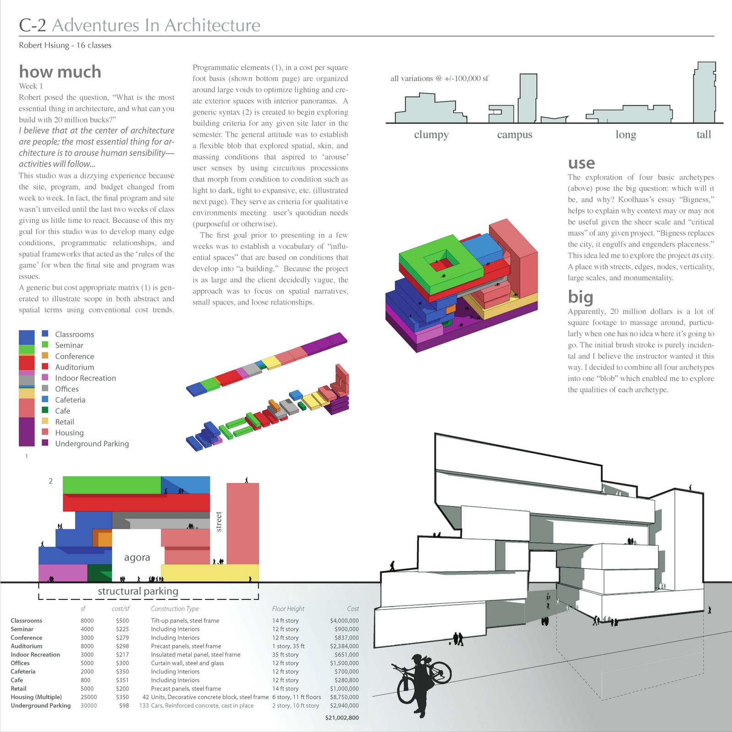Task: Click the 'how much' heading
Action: click(60, 72)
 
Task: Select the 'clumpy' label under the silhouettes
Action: click(431, 135)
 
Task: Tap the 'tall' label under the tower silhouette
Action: click(704, 135)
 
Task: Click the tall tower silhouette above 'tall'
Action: click(704, 94)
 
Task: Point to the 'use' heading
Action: click(581, 163)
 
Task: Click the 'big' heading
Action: click(580, 297)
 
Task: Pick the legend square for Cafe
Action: click(45, 410)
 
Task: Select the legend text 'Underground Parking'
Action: click(92, 444)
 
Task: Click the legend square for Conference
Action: click(45, 355)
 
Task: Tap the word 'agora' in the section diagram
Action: click(137, 557)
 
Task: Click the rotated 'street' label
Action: click(219, 522)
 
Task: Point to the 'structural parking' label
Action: click(138, 591)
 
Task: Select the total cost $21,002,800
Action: click(342, 717)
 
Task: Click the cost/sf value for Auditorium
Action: click(122, 646)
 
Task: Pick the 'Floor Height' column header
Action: click(288, 608)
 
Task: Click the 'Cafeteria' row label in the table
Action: click(23, 672)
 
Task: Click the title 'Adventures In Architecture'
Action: click(156, 25)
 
